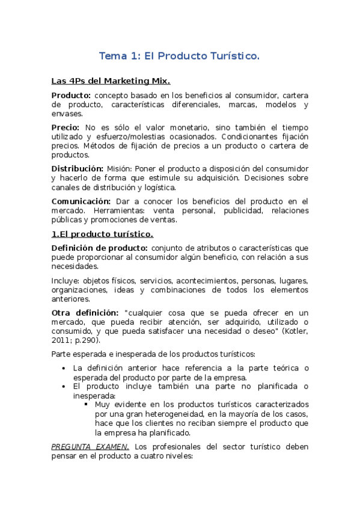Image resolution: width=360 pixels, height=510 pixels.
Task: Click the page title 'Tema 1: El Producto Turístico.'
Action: pyautogui.click(x=179, y=57)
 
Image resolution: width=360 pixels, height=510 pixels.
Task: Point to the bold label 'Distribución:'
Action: pyautogui.click(x=76, y=169)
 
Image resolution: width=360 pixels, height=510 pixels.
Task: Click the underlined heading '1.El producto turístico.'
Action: pyautogui.click(x=102, y=233)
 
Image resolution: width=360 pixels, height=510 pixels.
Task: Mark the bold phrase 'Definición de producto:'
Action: pyautogui.click(x=99, y=248)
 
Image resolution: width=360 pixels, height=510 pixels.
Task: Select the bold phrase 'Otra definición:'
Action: pyautogui.click(x=85, y=313)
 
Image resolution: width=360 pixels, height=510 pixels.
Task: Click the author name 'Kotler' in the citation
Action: pyautogui.click(x=294, y=332)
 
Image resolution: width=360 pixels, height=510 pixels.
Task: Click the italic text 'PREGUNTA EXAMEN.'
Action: pyautogui.click(x=90, y=447)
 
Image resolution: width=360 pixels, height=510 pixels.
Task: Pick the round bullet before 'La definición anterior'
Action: pyautogui.click(x=64, y=368)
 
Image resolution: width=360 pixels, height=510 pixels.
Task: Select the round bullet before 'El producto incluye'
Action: pyautogui.click(x=64, y=387)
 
